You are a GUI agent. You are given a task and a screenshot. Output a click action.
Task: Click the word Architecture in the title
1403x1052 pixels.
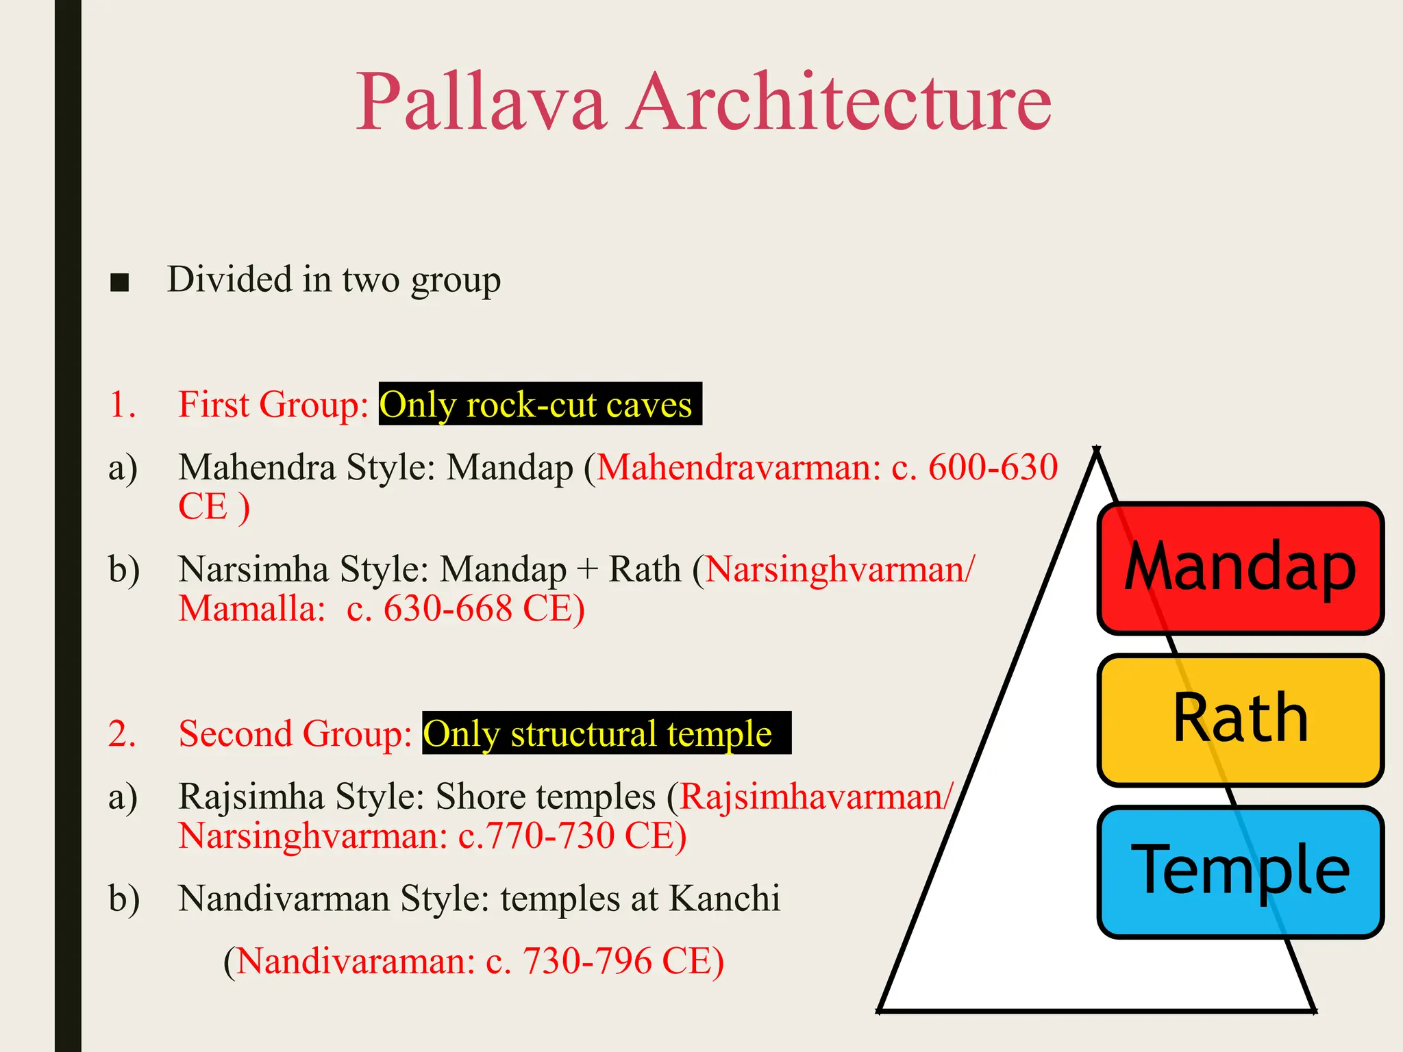click(840, 103)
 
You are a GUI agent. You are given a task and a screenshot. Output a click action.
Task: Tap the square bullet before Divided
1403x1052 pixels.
click(119, 282)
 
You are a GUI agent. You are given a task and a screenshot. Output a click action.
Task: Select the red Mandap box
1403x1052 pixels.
click(1240, 568)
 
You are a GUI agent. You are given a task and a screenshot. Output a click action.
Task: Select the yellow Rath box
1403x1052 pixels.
click(1240, 719)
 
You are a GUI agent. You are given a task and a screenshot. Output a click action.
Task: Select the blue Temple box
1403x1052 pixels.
click(1240, 871)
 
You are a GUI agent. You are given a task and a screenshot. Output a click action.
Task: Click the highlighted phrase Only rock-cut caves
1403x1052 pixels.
click(538, 404)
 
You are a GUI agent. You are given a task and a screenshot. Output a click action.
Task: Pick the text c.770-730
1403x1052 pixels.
click(536, 836)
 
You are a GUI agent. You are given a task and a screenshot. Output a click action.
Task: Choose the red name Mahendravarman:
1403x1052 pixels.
click(738, 467)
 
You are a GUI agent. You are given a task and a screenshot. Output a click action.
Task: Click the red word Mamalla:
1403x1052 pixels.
click(251, 608)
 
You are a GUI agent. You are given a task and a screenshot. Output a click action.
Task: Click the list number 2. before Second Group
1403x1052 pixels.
click(122, 734)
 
